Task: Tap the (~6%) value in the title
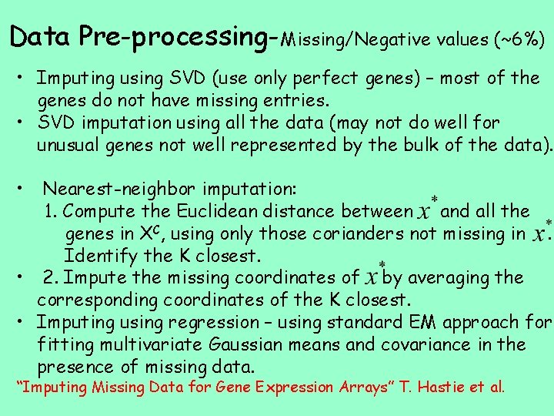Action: [x=519, y=39]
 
